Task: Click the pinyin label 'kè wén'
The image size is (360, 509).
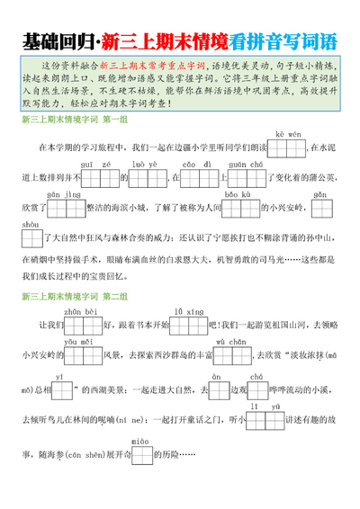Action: pyautogui.click(x=288, y=134)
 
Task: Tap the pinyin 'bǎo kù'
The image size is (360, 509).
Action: pyautogui.click(x=238, y=195)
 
